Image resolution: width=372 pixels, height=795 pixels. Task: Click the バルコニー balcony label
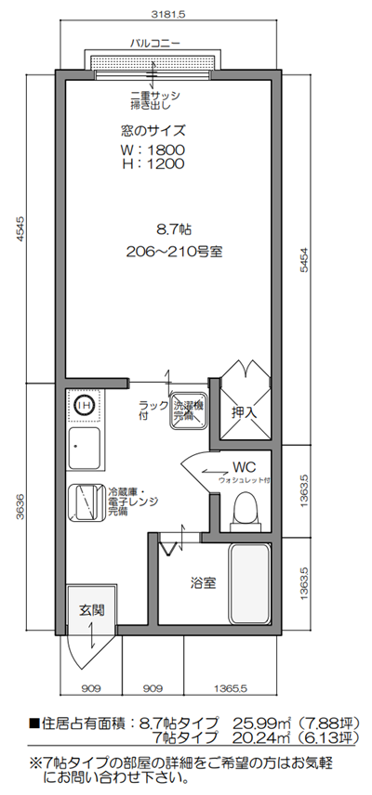click(x=154, y=44)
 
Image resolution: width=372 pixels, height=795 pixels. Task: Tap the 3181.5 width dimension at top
click(x=168, y=15)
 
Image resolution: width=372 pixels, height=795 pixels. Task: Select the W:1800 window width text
click(x=153, y=150)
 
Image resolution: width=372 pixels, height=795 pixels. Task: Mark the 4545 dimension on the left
click(x=21, y=228)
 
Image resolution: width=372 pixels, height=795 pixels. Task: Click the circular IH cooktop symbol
click(x=83, y=405)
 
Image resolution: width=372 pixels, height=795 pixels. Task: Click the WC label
click(x=244, y=466)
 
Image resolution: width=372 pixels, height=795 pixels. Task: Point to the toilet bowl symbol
click(x=246, y=510)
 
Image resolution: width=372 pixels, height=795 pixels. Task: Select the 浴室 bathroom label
click(x=204, y=582)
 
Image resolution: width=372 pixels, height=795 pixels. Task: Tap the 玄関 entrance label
click(x=90, y=610)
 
